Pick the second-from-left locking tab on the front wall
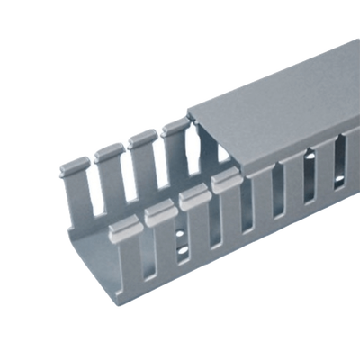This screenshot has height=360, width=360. pos(158,211)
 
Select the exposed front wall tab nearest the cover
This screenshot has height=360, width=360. pos(226,184)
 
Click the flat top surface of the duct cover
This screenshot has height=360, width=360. pos(270,99)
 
